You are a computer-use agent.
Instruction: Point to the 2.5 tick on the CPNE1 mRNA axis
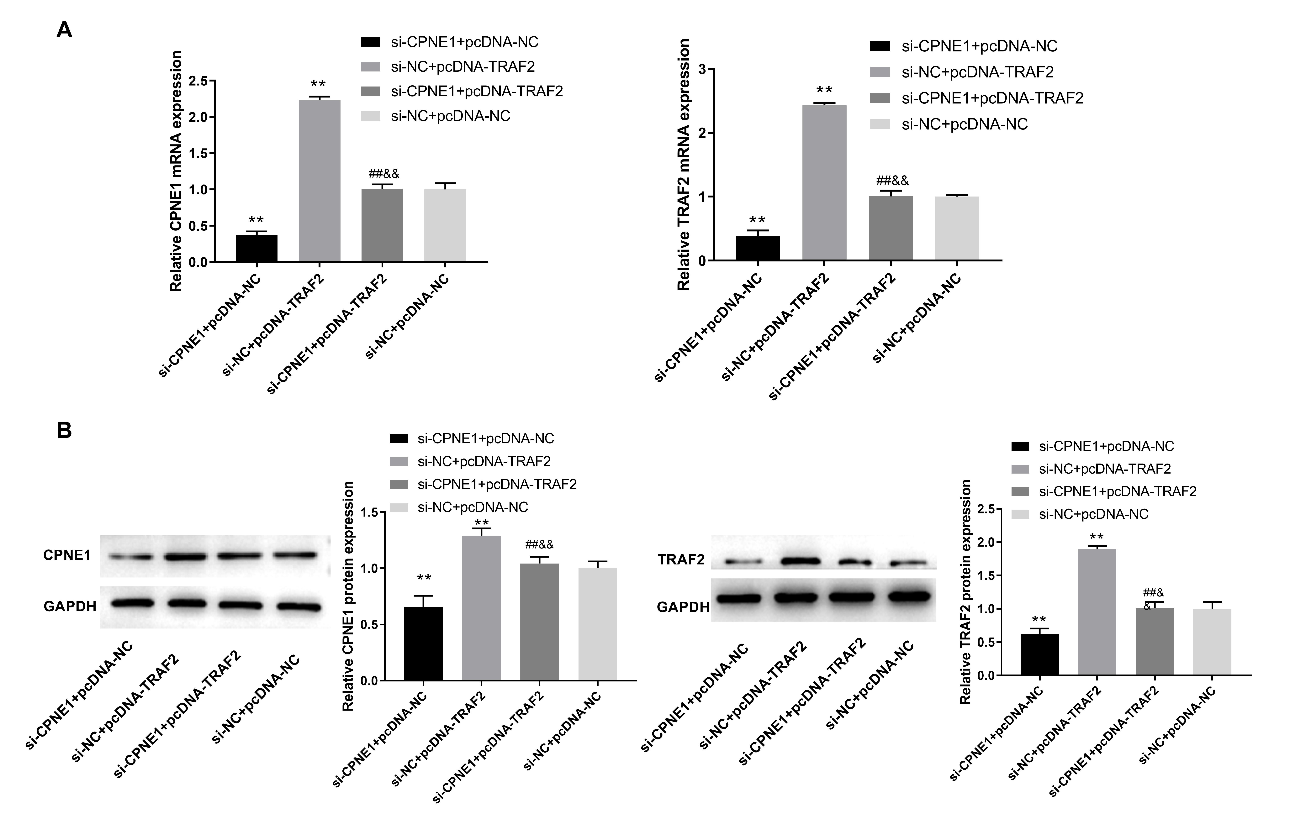tap(198, 81)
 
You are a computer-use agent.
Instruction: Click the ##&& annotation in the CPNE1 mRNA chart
tap(384, 174)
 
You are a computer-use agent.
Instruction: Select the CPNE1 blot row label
tap(67, 555)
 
